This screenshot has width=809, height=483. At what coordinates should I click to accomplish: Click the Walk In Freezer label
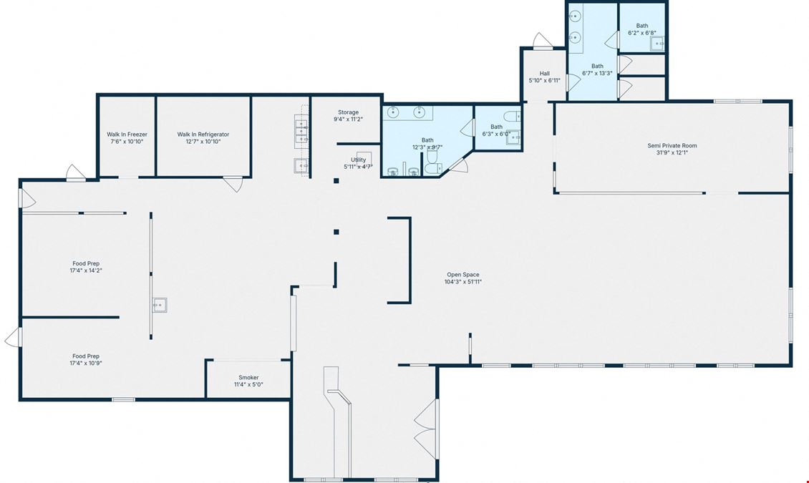click(x=127, y=135)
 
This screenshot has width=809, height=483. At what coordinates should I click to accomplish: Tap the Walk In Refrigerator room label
click(x=203, y=135)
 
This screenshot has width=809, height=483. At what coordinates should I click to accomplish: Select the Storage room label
click(x=348, y=112)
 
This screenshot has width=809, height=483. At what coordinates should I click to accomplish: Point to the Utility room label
click(x=359, y=160)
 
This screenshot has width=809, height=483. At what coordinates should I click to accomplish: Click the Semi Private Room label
click(x=672, y=146)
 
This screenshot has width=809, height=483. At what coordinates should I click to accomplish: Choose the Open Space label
click(x=463, y=275)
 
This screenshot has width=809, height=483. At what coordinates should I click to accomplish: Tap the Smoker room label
click(x=248, y=377)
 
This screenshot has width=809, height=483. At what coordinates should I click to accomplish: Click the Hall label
click(x=545, y=74)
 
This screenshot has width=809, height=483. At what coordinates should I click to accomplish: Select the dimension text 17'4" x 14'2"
click(x=86, y=270)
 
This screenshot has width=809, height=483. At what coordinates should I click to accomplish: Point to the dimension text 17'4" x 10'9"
click(x=86, y=363)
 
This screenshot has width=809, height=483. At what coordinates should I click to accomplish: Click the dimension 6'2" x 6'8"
click(x=642, y=32)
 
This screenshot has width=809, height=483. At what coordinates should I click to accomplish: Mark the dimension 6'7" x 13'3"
click(x=598, y=73)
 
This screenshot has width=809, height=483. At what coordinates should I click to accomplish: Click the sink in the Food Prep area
click(x=160, y=305)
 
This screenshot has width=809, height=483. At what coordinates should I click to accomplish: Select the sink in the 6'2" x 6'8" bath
click(x=657, y=44)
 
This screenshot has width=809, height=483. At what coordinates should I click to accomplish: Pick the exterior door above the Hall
click(x=542, y=42)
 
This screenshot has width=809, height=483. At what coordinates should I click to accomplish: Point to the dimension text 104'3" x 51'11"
click(x=463, y=282)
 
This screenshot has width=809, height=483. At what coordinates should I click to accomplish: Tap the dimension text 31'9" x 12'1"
click(x=672, y=152)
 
